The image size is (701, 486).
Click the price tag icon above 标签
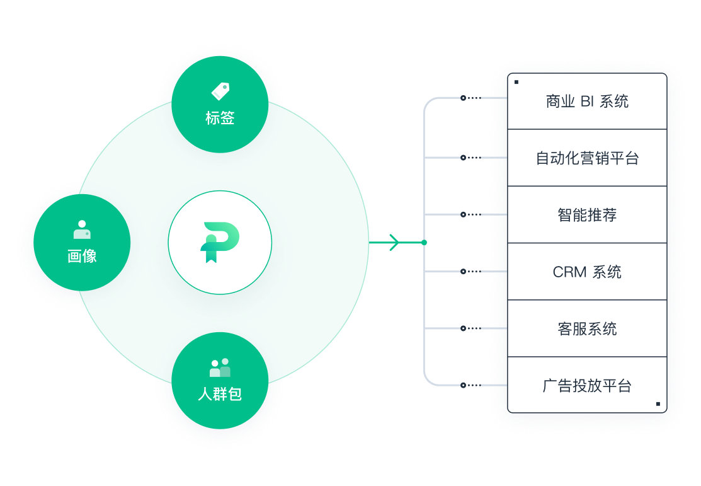(220, 91)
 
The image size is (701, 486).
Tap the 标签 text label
(220, 118)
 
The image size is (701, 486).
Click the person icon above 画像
(82, 229)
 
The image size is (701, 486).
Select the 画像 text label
(82, 256)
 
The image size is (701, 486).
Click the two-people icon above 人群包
(220, 367)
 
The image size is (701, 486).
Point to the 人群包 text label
(220, 395)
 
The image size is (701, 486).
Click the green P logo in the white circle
(220, 243)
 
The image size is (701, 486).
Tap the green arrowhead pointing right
(394, 242)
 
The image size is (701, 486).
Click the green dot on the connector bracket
(425, 242)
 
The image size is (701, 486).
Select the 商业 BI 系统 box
(587, 101)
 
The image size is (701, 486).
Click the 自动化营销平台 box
(587, 158)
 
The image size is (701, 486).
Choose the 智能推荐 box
(587, 215)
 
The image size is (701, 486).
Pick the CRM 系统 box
(587, 272)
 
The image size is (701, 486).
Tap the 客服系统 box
(587, 328)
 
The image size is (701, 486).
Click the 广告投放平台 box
(587, 385)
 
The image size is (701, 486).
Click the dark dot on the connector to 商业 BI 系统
(464, 98)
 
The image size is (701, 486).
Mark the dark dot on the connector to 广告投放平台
(464, 385)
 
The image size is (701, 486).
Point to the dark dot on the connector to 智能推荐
(464, 214)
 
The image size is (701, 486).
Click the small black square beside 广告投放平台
(658, 403)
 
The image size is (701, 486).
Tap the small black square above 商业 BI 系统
(516, 82)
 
